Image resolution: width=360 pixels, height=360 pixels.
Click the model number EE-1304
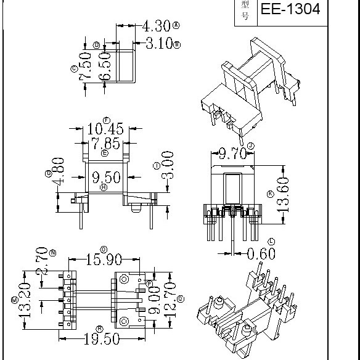[x=290, y=10]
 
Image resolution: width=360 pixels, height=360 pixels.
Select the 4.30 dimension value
[x=157, y=26]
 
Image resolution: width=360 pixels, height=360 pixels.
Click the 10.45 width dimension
[x=105, y=129]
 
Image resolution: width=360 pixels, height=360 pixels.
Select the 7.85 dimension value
[x=105, y=144]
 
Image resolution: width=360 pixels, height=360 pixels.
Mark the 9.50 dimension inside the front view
[x=105, y=179]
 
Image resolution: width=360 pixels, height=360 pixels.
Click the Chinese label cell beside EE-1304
[x=245, y=10]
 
